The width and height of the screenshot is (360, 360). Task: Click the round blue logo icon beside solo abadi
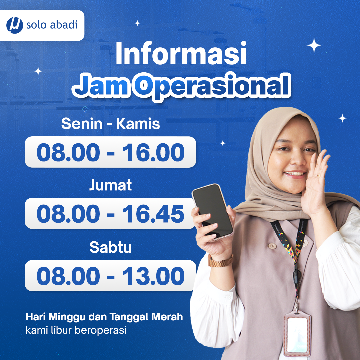15,25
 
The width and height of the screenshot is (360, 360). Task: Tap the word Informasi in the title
181,53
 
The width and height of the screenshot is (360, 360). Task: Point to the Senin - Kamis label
110,124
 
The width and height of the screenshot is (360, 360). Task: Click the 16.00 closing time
153,152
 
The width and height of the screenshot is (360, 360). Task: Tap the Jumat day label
110,185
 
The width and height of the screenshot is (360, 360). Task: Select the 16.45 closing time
153,214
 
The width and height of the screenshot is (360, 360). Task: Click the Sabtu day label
110,247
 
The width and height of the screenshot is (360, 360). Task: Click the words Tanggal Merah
146,317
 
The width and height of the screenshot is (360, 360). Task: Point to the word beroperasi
100,330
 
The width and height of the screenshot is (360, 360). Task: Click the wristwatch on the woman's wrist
221,261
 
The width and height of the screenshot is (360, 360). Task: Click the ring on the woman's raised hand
319,176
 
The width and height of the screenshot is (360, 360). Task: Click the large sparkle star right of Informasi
314,45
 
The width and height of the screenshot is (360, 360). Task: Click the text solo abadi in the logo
52,25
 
